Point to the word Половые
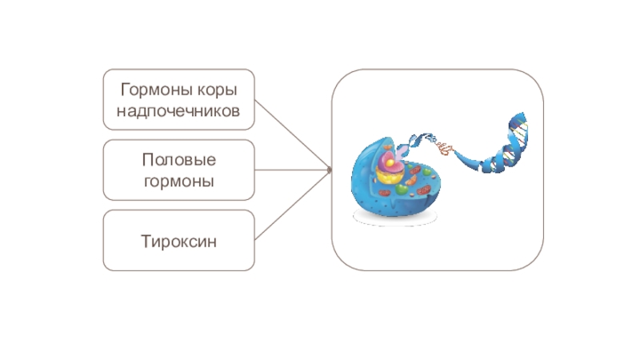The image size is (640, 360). pyautogui.click(x=178, y=160)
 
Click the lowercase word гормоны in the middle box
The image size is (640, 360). pyautogui.click(x=178, y=181)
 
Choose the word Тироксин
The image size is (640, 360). pyautogui.click(x=178, y=240)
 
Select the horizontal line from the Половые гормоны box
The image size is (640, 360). pyautogui.click(x=292, y=170)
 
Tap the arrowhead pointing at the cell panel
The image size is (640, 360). pyautogui.click(x=328, y=170)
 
